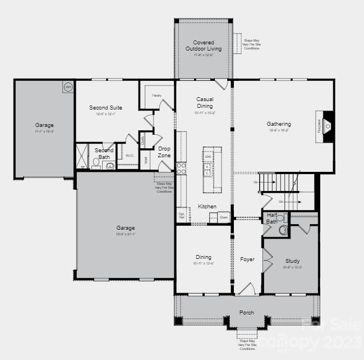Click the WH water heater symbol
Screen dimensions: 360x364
coord(68,86)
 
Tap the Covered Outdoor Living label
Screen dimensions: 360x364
coord(204,45)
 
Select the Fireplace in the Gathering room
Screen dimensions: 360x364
coord(327,126)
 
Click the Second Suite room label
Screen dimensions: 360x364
coord(105,107)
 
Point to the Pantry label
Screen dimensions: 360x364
coord(156,95)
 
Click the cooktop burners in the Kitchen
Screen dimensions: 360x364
coord(181,168)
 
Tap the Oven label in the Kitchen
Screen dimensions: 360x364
coord(223,217)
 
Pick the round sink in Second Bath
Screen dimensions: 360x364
coord(110,166)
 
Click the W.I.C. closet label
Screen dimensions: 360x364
coord(130,156)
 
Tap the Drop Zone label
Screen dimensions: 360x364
coord(164,152)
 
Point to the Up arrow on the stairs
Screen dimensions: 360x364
coord(256,182)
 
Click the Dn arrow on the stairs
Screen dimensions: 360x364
coord(281,201)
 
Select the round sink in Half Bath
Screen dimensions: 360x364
coord(283,230)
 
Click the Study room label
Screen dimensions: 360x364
coord(292,261)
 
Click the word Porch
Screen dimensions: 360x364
coord(246,312)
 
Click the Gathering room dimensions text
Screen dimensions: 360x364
coord(279,130)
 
